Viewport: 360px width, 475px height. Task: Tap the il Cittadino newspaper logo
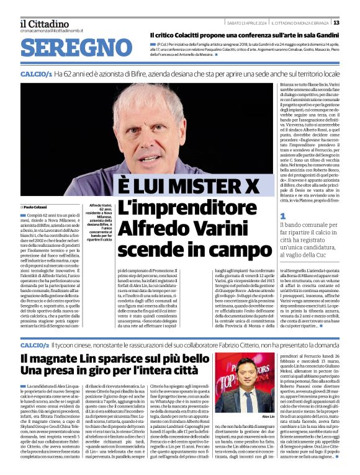point(44,24)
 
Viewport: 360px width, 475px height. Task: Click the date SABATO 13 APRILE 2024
point(245,24)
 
